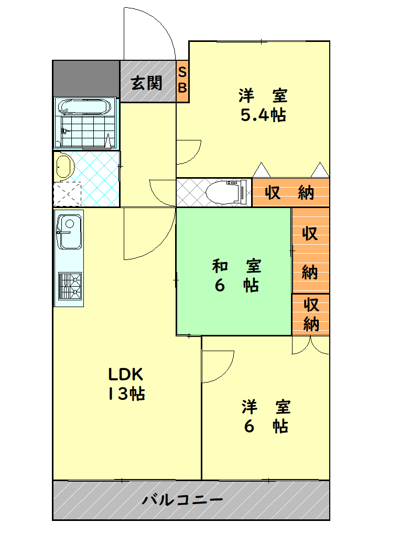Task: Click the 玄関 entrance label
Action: point(146,83)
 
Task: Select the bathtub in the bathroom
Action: point(85,107)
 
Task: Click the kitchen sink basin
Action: point(68,232)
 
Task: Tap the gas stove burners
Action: point(69,286)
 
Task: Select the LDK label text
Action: point(126,374)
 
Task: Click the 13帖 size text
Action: point(126,394)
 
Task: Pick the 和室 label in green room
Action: point(236,266)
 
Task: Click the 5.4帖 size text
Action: point(263,116)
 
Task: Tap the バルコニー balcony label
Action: point(183,499)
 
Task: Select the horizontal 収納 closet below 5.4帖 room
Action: point(290,192)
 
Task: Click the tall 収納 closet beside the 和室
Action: point(310,251)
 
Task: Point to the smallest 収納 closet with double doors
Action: point(311,314)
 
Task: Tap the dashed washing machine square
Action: point(67,194)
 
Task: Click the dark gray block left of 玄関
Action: point(86,78)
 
